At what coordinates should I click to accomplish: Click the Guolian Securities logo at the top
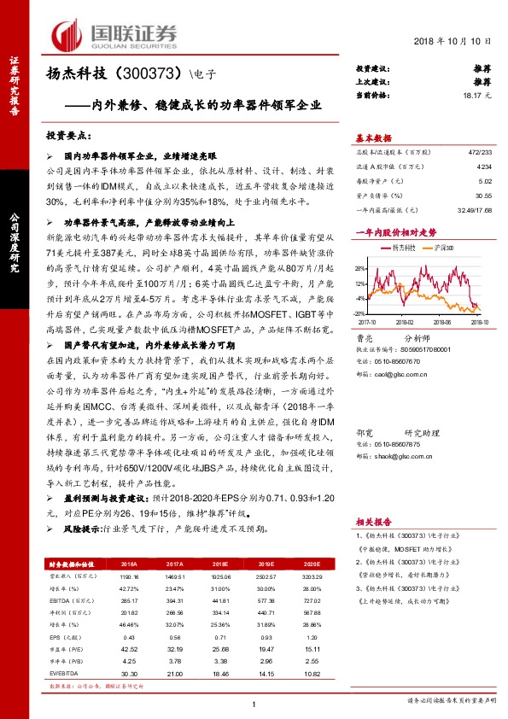[115, 34]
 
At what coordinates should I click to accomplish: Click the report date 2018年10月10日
[459, 42]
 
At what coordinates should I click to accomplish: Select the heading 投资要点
[68, 136]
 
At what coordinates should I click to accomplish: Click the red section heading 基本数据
[373, 137]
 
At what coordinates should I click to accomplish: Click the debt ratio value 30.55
[485, 196]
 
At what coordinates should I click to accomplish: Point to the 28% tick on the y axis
[360, 266]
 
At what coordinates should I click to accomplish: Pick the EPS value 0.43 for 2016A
[131, 638]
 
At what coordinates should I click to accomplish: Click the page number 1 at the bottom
[254, 703]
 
